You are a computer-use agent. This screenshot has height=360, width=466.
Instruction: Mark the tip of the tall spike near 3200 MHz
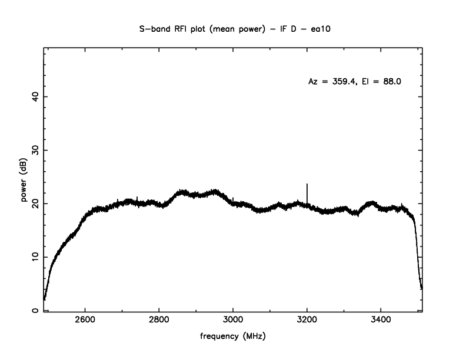(307, 184)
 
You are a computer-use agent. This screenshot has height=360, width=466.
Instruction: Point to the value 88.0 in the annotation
(391, 82)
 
